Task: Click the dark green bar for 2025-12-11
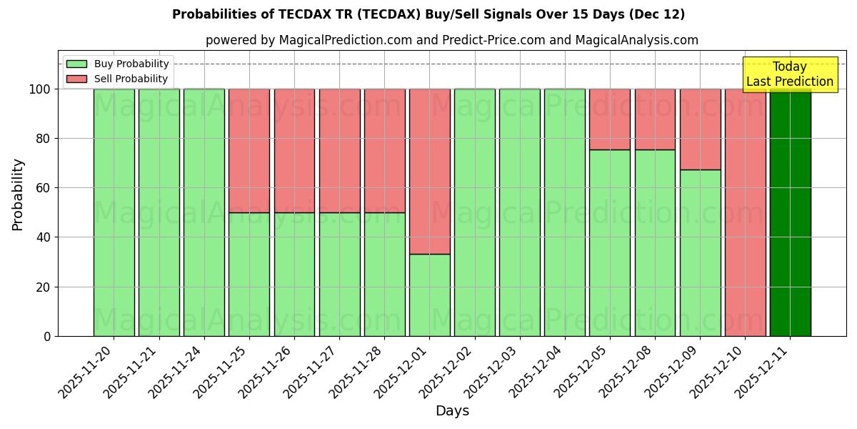tap(790, 212)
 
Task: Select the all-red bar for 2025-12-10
tap(745, 212)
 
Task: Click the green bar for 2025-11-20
tap(114, 212)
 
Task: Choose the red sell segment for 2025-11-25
tap(249, 151)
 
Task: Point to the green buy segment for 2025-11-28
tap(384, 274)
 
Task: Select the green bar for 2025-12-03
tap(520, 212)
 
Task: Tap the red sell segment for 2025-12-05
tap(610, 119)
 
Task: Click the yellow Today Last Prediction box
tap(789, 74)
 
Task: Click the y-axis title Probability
tap(18, 194)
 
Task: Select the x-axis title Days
tap(452, 411)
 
